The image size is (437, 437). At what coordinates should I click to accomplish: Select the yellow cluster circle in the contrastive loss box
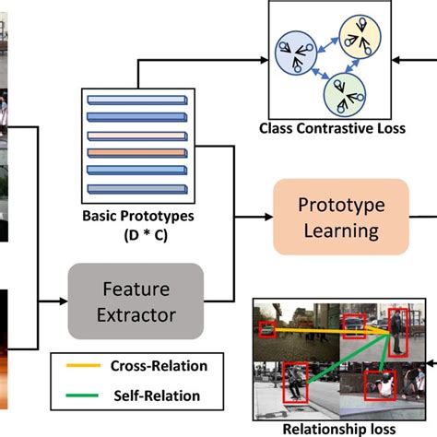pos(354,34)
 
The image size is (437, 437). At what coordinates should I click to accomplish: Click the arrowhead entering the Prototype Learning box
pos(268,217)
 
